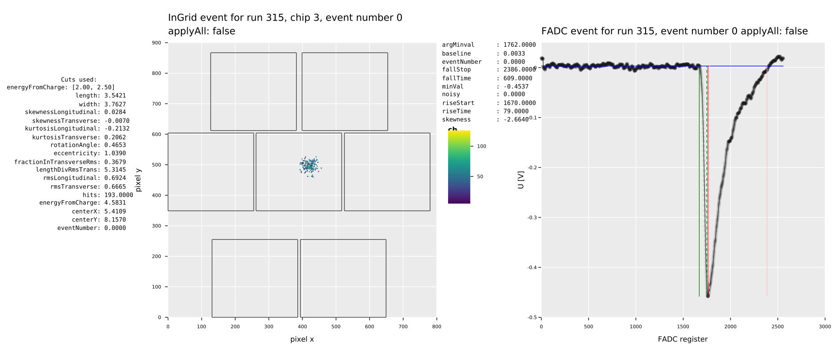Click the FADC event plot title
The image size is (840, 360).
pos(674,31)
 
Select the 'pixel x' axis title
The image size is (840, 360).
pos(302,339)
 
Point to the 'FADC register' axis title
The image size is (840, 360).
pos(683,339)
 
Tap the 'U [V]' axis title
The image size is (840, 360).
pos(521,180)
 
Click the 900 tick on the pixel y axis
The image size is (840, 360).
pos(157,43)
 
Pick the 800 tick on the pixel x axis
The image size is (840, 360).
pos(436,327)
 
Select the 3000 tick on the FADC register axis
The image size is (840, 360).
pos(825,327)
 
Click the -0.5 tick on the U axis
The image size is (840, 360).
pos(532,317)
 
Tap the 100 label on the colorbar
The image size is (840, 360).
pos(481,146)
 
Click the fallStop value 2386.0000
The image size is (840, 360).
pos(519,70)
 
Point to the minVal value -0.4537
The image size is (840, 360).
pos(516,86)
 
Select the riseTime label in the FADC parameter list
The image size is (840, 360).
pos(456,111)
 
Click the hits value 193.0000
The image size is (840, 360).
pos(118,195)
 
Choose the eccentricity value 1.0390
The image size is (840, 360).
pos(115,153)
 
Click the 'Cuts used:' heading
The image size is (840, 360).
pos(79,80)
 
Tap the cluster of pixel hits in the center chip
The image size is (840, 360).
pos(310,166)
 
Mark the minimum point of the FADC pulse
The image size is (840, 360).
pos(708,296)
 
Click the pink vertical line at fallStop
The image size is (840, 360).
pos(767,180)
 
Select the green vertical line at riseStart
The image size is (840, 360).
pos(699,180)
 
